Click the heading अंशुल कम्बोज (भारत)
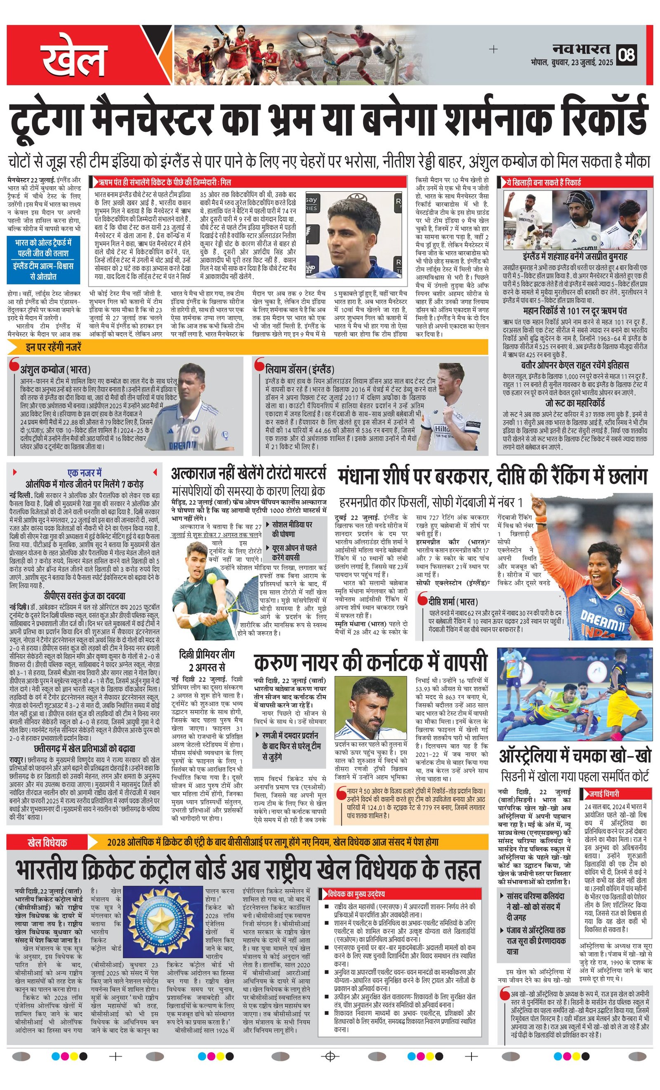point(55,369)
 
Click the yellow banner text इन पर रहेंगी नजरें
point(54,347)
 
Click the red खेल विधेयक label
point(47,842)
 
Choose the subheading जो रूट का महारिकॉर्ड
point(575,403)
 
